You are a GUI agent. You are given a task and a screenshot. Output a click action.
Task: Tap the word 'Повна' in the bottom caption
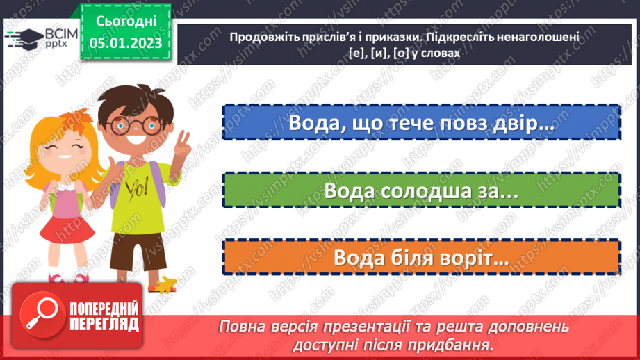pyautogui.click(x=241, y=326)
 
